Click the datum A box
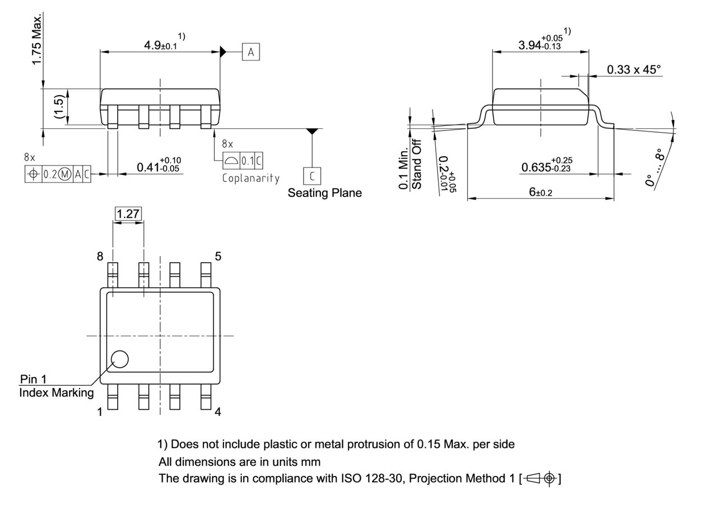[x=251, y=52]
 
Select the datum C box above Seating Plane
[x=312, y=176]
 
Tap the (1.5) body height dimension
[x=59, y=106]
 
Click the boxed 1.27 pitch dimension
[x=128, y=213]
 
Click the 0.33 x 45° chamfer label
[x=634, y=69]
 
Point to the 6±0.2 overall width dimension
[x=541, y=192]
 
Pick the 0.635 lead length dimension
[x=547, y=167]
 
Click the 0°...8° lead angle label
[x=655, y=168]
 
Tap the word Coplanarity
[x=251, y=178]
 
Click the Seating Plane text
[x=325, y=193]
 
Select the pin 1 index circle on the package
[x=119, y=359]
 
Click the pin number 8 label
[x=100, y=256]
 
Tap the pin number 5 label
[x=218, y=256]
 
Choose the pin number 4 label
[x=218, y=412]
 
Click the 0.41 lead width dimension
[x=159, y=166]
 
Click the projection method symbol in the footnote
[x=542, y=478]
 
